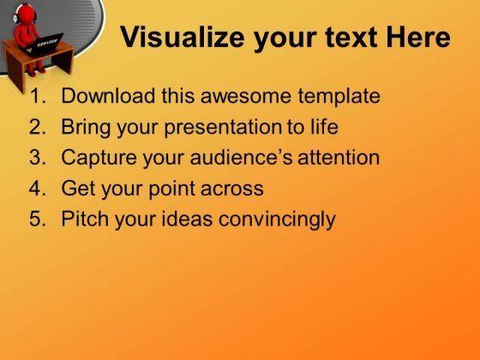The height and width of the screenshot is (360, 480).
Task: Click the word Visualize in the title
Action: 183,38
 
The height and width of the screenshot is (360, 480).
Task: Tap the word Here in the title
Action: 418,38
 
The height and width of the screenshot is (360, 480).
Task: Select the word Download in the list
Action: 108,95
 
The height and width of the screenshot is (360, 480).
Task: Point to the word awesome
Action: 246,96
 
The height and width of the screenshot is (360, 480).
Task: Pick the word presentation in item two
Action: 223,128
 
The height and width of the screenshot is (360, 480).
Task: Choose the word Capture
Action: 99,159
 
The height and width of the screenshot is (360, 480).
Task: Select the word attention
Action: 339,158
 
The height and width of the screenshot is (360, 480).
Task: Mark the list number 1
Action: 38,96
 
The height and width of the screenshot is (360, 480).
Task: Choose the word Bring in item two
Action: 86,128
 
